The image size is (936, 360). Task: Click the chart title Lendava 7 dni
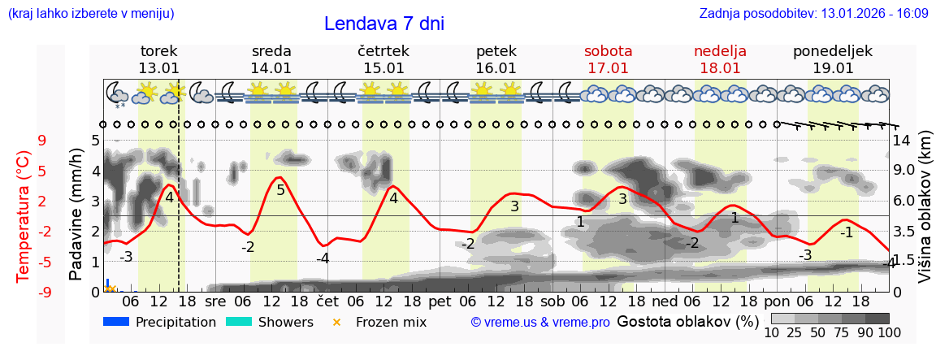click(383, 24)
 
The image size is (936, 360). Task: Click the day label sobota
click(608, 51)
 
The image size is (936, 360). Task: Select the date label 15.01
click(383, 68)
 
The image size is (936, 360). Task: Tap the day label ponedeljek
click(833, 51)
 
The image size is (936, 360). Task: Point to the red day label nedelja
click(720, 51)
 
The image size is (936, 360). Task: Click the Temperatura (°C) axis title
click(24, 216)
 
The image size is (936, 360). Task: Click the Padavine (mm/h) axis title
click(76, 215)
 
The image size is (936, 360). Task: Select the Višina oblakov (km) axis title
click(925, 210)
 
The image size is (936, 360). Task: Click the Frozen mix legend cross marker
click(336, 323)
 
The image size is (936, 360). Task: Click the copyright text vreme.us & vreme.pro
click(540, 323)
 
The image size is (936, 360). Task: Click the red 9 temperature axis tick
click(42, 140)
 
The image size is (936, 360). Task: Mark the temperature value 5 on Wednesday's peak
click(280, 190)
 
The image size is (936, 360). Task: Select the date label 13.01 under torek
click(158, 68)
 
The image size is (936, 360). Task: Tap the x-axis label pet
click(440, 301)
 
